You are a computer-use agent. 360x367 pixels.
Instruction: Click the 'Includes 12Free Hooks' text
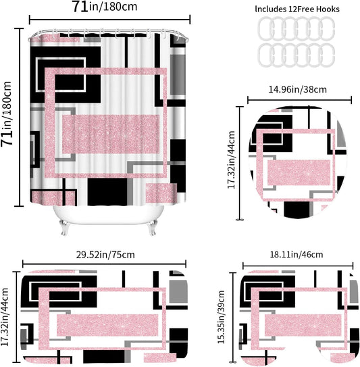coord(297,9)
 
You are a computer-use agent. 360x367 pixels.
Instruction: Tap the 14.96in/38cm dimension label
coord(297,89)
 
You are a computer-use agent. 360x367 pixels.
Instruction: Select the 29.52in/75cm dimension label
coord(105,255)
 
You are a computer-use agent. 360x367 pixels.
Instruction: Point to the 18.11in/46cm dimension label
coord(297,254)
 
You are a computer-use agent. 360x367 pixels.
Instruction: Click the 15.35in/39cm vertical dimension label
coord(221,317)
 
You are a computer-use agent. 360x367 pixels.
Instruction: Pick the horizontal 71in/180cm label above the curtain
coord(104,7)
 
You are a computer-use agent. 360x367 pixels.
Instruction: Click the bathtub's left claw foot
coord(64,227)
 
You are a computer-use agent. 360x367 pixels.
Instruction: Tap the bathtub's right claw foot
coord(151,227)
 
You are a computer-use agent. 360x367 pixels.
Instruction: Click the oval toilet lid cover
coord(297,162)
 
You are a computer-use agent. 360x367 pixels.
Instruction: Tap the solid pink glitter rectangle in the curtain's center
coord(111,134)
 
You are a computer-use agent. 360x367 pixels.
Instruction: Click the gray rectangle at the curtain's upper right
coord(178,75)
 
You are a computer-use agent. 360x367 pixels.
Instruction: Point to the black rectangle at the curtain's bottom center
coord(107,192)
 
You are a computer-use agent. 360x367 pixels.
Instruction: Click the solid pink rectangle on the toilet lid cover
coord(299,173)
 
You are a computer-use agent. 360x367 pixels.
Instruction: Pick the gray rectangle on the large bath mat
coord(178,291)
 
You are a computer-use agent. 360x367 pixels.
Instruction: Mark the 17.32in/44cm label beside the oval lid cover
coord(232,160)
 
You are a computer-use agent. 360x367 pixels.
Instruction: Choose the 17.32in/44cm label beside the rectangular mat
coord(5,317)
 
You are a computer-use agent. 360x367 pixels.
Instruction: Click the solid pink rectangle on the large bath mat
coord(107,325)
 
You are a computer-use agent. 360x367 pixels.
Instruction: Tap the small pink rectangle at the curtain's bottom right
coord(161,193)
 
